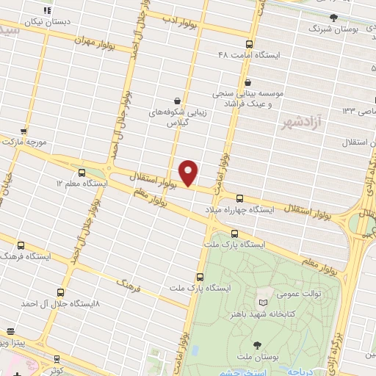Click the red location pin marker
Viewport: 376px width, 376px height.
[189, 173]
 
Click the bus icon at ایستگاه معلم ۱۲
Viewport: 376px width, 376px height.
[82, 173]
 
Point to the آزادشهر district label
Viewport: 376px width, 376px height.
[297, 122]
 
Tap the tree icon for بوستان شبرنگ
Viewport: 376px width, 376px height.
[333, 17]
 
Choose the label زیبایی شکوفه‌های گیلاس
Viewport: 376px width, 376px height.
[175, 118]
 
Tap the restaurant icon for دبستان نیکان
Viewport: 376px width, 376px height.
[46, 11]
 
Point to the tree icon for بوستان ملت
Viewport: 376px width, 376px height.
[256, 344]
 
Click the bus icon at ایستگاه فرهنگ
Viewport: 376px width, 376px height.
[20, 246]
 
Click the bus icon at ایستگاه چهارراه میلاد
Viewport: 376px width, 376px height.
[240, 198]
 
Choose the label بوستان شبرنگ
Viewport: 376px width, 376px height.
[349, 28]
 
